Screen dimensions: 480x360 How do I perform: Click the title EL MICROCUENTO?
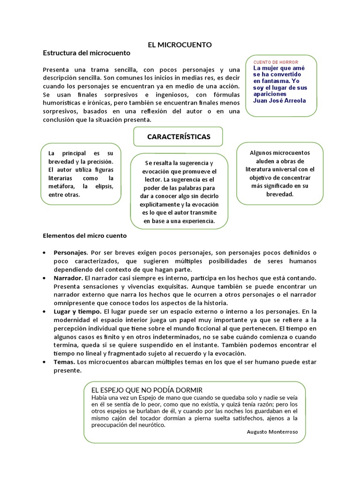click(x=180, y=45)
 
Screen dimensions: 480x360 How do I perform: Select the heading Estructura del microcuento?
click(x=86, y=53)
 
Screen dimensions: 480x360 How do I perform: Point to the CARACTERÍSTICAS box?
click(x=178, y=137)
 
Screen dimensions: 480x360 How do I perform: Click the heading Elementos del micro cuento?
click(x=84, y=236)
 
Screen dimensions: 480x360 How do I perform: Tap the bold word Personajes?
click(x=70, y=253)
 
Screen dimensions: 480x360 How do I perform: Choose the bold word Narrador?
click(x=68, y=278)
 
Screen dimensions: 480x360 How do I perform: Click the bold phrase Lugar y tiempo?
click(x=77, y=311)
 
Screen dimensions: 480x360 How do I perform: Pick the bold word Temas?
click(x=64, y=362)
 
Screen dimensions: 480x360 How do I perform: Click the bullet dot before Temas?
click(x=44, y=362)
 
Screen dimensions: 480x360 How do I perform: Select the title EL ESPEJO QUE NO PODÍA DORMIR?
click(x=146, y=390)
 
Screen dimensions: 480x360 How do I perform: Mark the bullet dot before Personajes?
click(x=44, y=253)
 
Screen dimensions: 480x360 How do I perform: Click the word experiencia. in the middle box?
click(x=196, y=221)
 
